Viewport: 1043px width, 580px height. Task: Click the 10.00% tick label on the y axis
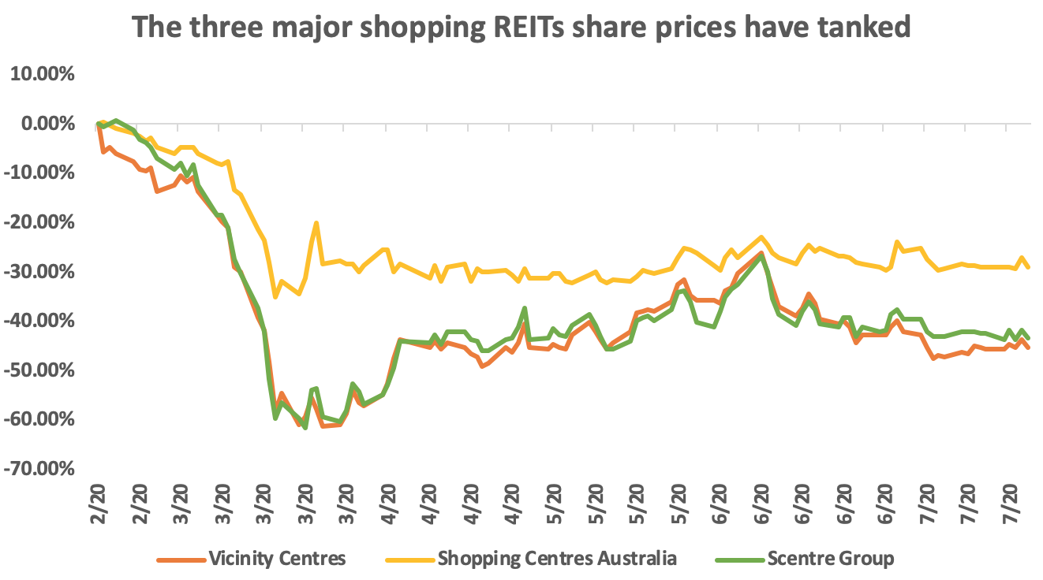(40, 74)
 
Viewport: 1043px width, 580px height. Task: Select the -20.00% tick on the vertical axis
(40, 222)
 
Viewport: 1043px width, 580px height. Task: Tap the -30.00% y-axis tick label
(40, 272)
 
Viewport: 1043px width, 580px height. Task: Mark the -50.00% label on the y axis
(40, 370)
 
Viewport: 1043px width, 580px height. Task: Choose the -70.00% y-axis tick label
(40, 469)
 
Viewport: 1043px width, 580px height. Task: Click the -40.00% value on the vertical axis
(40, 321)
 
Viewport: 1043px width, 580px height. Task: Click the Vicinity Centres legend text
(277, 559)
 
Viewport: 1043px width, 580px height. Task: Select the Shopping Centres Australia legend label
(557, 559)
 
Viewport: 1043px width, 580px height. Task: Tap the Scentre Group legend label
(832, 559)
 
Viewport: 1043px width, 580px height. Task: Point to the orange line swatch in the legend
(181, 560)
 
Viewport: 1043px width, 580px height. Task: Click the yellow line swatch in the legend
(409, 560)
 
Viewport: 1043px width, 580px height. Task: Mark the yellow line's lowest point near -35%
(275, 297)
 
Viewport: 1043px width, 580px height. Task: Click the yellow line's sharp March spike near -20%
(316, 223)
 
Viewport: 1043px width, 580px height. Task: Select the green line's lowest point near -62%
(305, 428)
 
